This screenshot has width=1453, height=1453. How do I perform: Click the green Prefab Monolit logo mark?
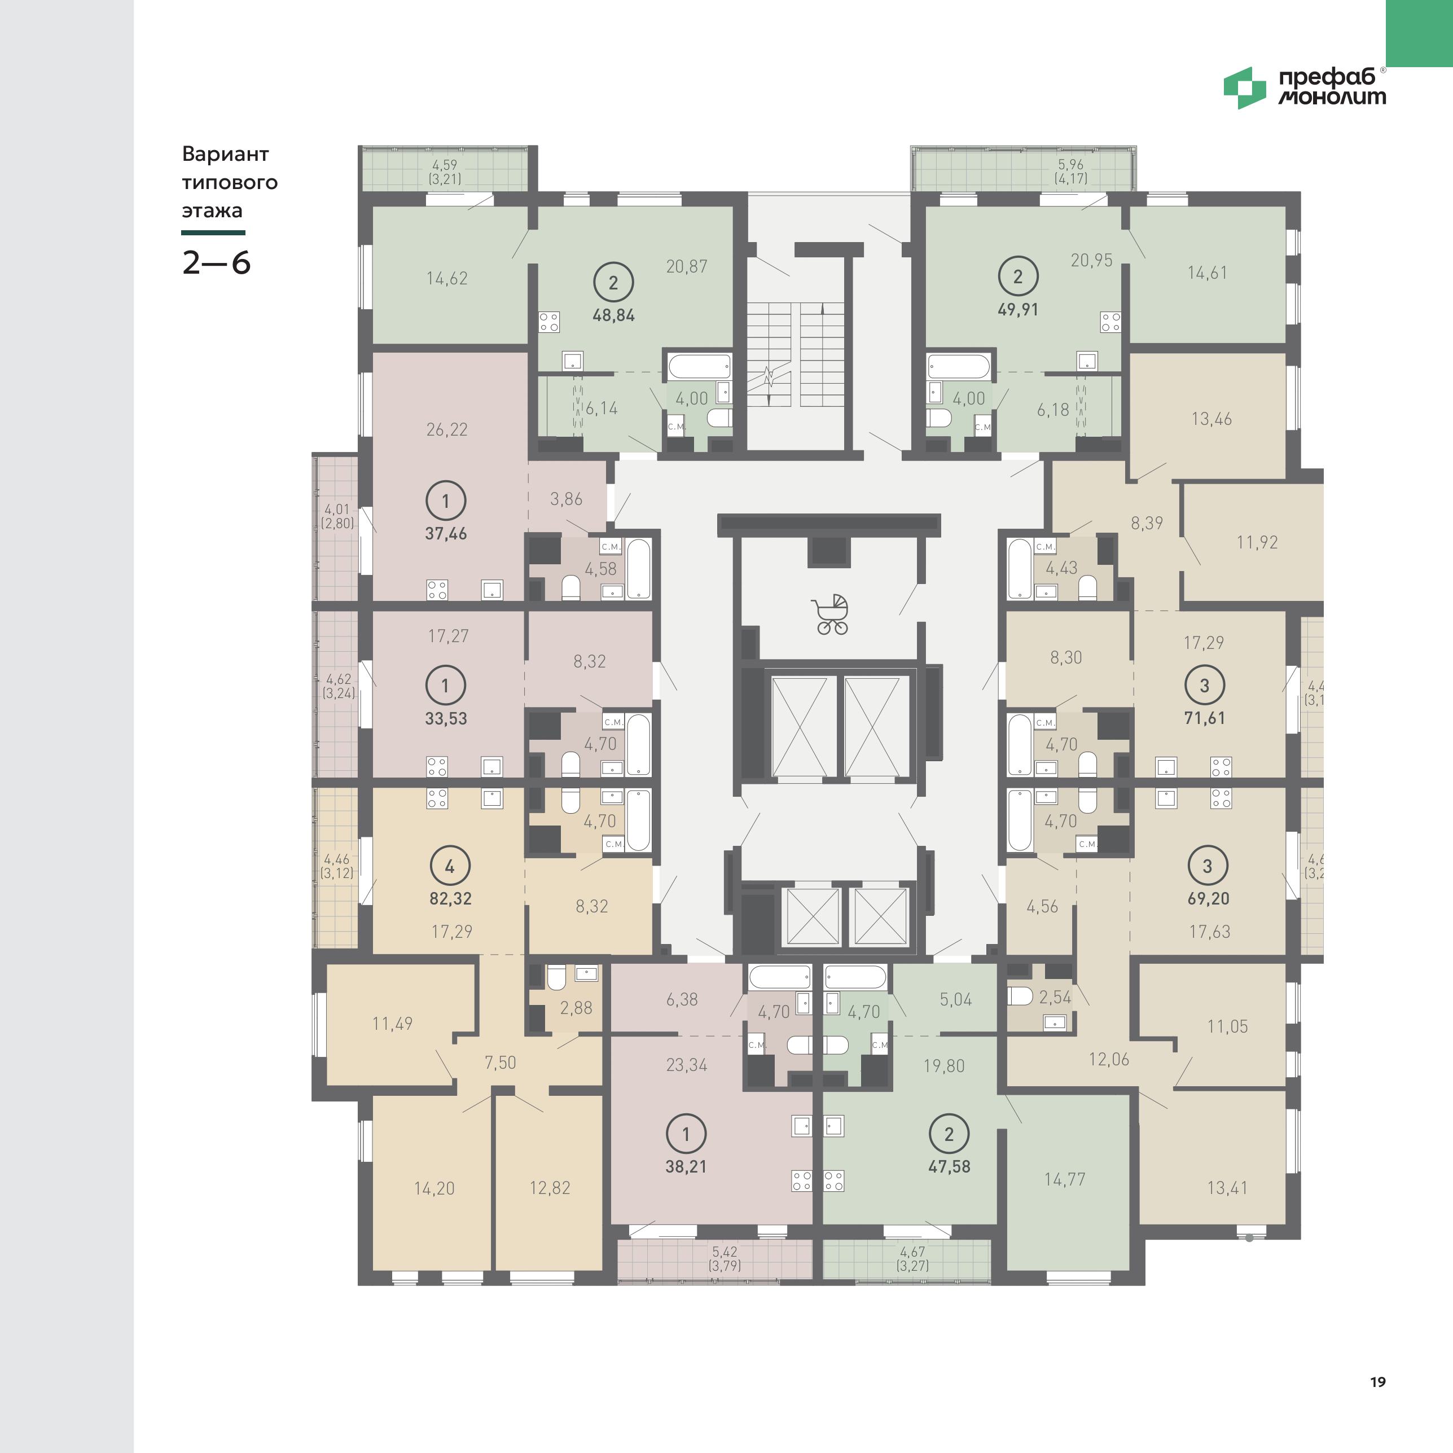click(1245, 88)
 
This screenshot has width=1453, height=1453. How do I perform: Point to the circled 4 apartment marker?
click(450, 866)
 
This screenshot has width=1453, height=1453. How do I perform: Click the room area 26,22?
click(447, 429)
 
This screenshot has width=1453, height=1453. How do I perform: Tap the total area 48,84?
click(614, 315)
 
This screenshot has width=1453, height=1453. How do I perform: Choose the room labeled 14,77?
click(1064, 1179)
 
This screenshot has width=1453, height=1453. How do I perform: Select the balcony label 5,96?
click(1072, 165)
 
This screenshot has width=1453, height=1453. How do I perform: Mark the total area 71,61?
click(1205, 718)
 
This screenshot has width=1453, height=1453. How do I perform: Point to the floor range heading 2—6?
click(217, 262)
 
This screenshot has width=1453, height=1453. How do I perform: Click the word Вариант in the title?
click(226, 154)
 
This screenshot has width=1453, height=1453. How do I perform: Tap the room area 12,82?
click(550, 1188)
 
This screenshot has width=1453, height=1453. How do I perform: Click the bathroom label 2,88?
click(576, 1008)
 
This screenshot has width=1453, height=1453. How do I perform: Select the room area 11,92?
click(1257, 542)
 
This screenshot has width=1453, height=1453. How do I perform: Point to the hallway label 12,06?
click(1109, 1059)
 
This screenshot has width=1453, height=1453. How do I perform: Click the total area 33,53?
click(446, 718)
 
